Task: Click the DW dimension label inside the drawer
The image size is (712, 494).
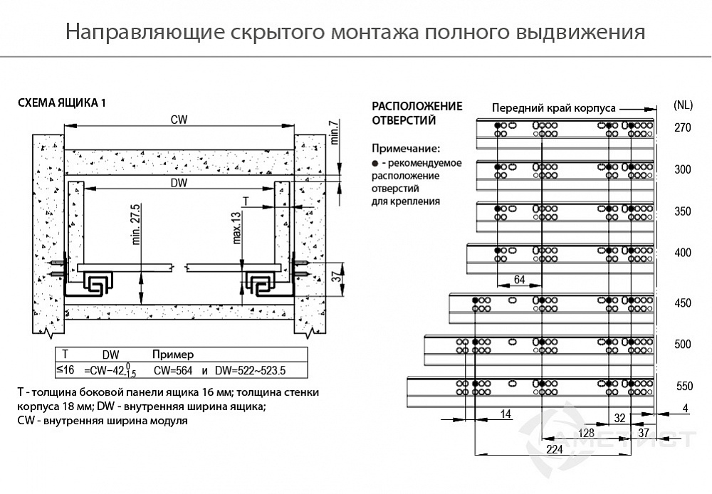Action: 179,183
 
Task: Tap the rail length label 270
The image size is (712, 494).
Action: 683,128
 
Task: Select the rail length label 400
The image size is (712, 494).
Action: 683,253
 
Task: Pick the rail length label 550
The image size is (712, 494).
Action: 683,387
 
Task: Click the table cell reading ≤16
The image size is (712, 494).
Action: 65,369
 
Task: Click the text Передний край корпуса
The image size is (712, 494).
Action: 553,107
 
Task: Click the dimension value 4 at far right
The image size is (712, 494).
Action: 684,408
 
